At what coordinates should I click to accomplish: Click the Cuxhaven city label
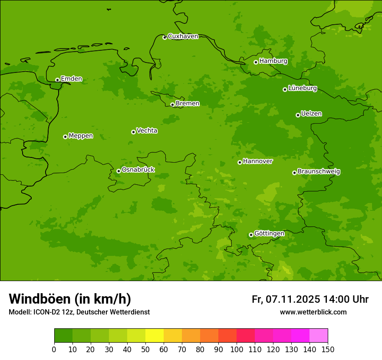tap(183, 36)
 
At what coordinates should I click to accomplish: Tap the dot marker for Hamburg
tap(256, 62)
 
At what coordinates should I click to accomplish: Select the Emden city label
tap(71, 79)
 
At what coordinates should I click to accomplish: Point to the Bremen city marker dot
tap(172, 105)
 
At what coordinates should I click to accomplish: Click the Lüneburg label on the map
tap(302, 88)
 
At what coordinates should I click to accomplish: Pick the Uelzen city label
tap(311, 114)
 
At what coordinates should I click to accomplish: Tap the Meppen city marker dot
tap(65, 137)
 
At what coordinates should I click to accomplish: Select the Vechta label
tap(147, 131)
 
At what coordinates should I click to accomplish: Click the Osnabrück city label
tap(138, 170)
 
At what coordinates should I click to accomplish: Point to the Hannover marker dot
tap(240, 162)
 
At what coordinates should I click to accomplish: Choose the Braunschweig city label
tap(319, 171)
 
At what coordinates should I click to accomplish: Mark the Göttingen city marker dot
tap(251, 235)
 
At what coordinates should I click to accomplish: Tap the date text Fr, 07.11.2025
tap(286, 299)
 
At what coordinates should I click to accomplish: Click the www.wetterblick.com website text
tap(313, 312)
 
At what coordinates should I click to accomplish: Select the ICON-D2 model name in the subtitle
tap(48, 312)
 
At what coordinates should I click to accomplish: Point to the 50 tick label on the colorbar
tap(145, 349)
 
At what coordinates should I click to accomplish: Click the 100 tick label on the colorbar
tap(237, 349)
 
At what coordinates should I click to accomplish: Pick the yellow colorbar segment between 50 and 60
tap(155, 336)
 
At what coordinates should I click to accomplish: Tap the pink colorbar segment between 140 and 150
tap(319, 336)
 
